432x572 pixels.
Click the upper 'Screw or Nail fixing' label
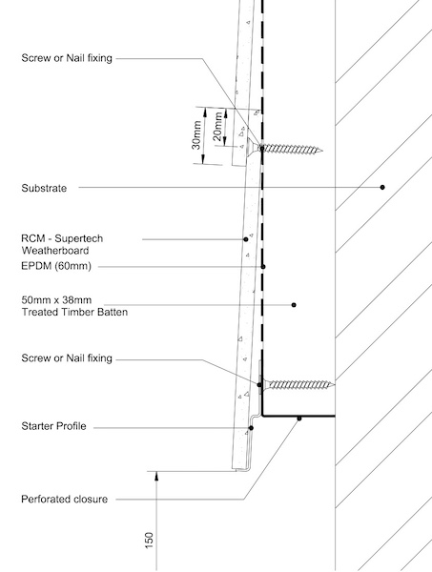(x=67, y=58)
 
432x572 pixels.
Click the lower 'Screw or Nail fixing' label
(x=67, y=358)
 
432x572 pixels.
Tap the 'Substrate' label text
(x=44, y=188)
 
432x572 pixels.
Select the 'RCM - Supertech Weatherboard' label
(x=62, y=244)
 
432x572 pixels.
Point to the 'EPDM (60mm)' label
(x=56, y=266)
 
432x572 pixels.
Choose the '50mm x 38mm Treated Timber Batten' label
(x=74, y=306)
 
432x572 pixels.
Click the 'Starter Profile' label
(x=53, y=426)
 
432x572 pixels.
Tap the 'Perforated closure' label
(x=64, y=499)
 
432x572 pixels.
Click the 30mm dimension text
(x=196, y=135)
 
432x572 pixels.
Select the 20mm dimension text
(x=217, y=127)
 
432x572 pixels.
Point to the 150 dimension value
(x=149, y=541)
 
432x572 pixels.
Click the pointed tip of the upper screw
(x=321, y=150)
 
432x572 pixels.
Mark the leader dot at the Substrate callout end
(x=382, y=187)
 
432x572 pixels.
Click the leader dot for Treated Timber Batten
(x=294, y=305)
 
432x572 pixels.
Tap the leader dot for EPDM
(x=263, y=267)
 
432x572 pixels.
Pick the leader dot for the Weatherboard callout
(x=246, y=239)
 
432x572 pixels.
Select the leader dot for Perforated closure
(x=299, y=419)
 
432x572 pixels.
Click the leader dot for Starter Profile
(x=251, y=428)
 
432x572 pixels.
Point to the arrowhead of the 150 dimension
(x=156, y=476)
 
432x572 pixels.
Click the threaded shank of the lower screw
(x=301, y=384)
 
